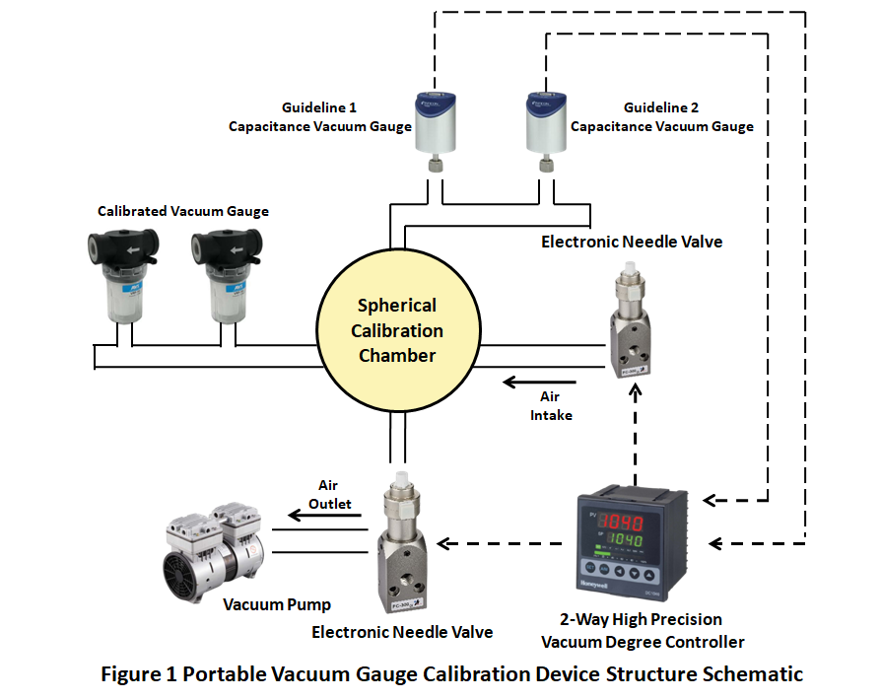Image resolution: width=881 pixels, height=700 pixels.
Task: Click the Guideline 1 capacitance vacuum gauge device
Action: (x=430, y=128)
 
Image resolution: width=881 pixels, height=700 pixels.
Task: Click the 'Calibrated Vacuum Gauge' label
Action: (x=183, y=211)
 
